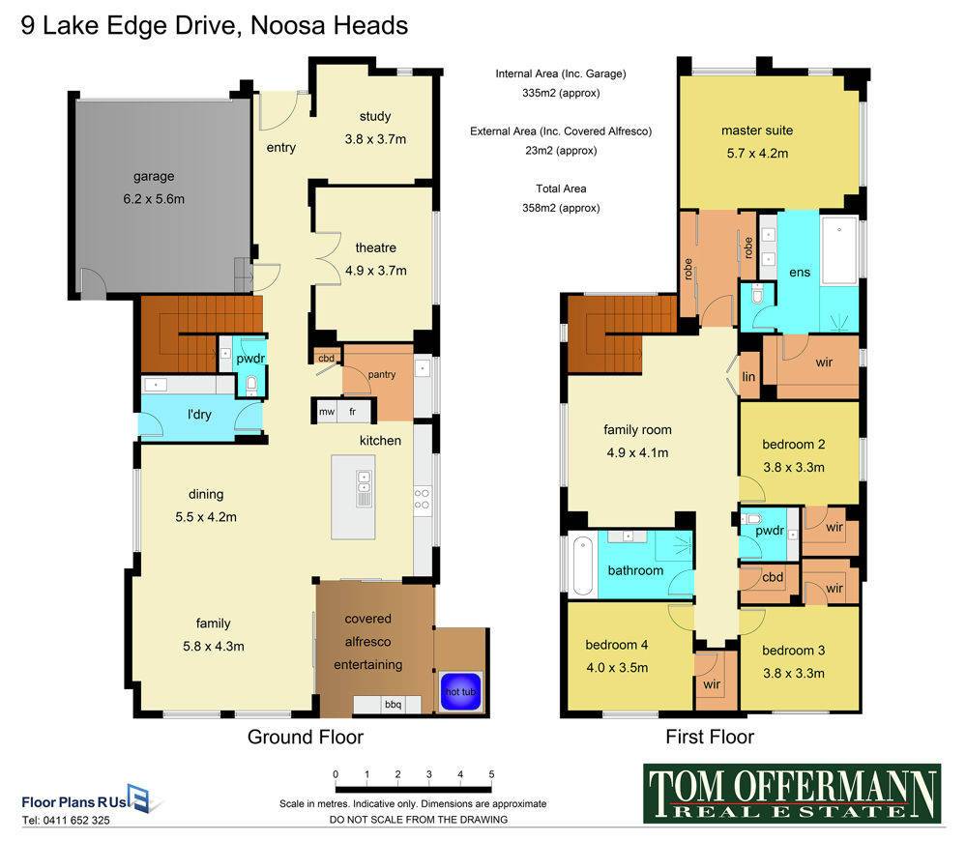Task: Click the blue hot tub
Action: pos(461,691)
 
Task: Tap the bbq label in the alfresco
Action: pos(393,705)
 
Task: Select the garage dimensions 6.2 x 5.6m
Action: pos(154,199)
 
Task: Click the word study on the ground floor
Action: pos(375,116)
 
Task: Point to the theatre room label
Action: pos(376,247)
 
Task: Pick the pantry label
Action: pos(382,374)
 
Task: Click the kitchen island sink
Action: pos(365,489)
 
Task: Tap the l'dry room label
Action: pos(199,415)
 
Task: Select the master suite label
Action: pos(757,130)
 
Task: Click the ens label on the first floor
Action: pos(800,273)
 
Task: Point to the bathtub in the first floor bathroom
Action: pos(582,565)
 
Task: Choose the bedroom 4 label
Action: pos(617,645)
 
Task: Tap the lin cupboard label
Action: pos(748,377)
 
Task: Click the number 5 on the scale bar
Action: pos(491,774)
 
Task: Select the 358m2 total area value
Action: pos(561,208)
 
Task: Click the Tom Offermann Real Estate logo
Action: pos(792,794)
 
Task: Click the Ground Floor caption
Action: pos(306,737)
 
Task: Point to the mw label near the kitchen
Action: pos(327,412)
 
